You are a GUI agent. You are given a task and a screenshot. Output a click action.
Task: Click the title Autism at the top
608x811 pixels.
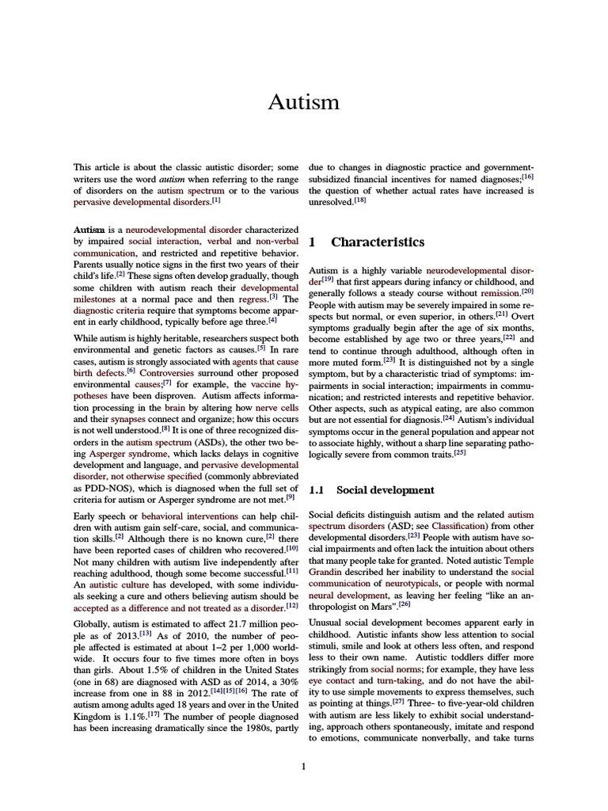(304, 102)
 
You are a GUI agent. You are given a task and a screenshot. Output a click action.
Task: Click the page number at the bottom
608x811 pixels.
(304, 766)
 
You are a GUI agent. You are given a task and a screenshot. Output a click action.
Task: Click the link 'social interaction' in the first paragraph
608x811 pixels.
(162, 241)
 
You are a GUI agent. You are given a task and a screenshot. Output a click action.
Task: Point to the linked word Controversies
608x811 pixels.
(165, 371)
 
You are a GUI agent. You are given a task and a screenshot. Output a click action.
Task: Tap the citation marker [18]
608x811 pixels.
(359, 201)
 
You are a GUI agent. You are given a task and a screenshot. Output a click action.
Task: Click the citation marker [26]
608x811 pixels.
(404, 604)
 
